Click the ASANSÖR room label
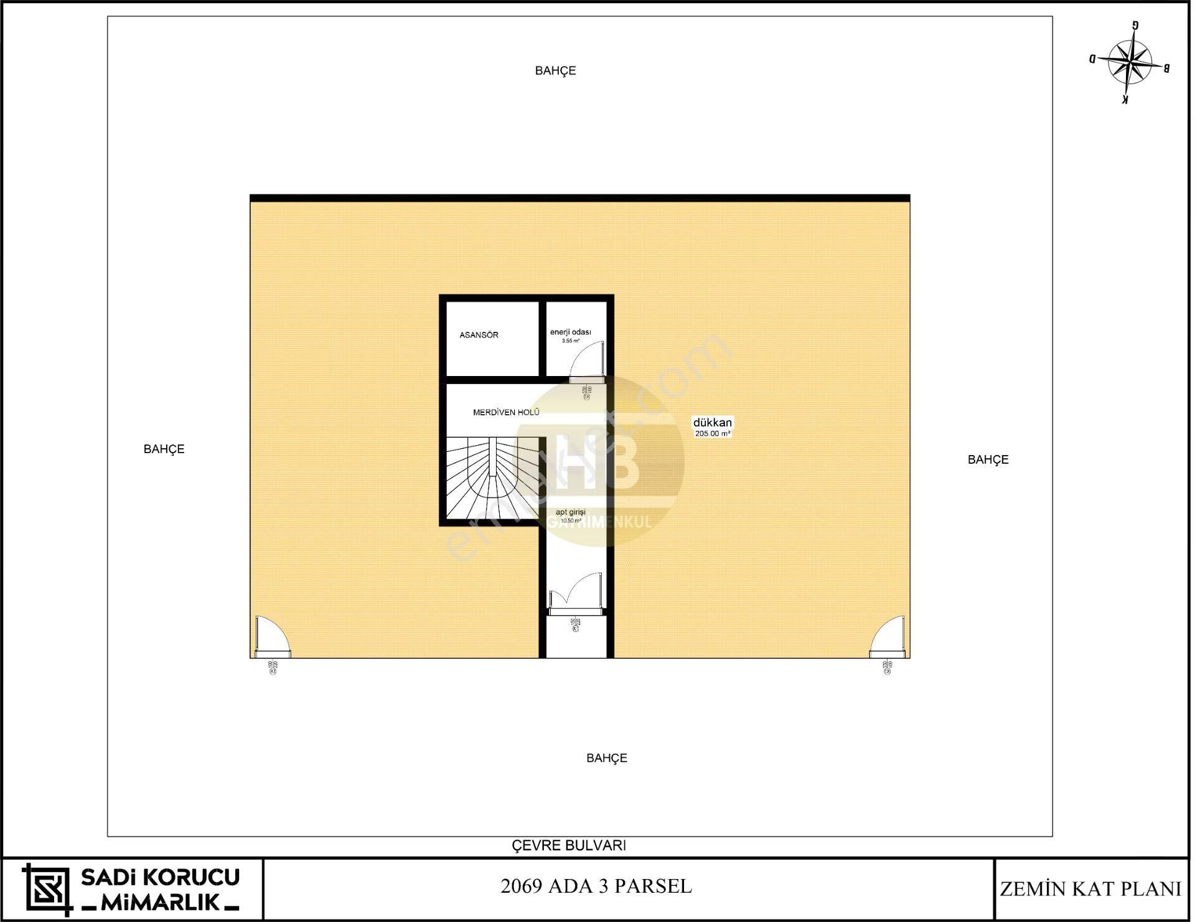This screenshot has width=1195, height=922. (479, 335)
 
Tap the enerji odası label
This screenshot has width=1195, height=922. (570, 332)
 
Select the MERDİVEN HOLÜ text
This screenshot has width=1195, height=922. (505, 412)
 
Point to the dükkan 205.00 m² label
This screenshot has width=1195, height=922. (713, 427)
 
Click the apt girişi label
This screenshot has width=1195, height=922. (570, 512)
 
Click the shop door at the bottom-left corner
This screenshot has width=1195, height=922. (271, 638)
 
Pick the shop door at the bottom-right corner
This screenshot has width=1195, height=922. (887, 638)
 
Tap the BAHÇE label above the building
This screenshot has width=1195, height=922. (555, 71)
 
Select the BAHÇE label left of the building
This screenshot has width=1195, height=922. (164, 449)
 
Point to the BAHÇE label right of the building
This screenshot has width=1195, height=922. (988, 459)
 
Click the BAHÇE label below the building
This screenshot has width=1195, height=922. (606, 758)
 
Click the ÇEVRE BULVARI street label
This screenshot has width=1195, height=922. (568, 845)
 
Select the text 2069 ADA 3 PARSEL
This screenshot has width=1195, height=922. (596, 887)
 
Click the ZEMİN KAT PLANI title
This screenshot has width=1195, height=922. (1090, 889)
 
